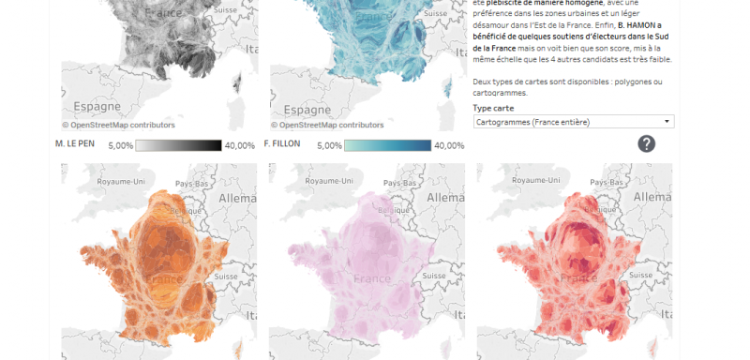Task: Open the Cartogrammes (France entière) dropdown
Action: click(574, 122)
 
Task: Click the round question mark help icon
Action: click(647, 143)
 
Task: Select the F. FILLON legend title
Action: click(285, 144)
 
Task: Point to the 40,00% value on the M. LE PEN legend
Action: click(240, 145)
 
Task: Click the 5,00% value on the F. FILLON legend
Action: click(328, 145)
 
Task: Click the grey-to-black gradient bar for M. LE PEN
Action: click(179, 145)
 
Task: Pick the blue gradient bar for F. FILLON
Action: click(387, 145)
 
